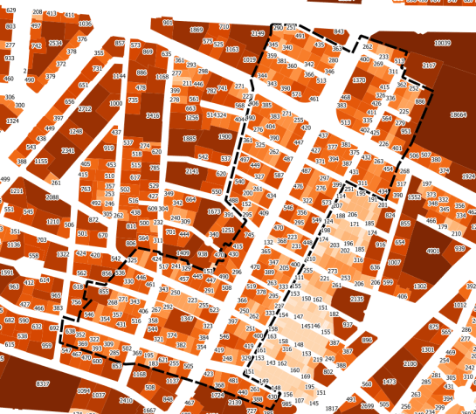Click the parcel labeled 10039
tap(443, 43)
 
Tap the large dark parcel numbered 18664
tap(459, 114)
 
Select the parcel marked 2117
tap(428, 66)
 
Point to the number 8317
tap(41, 383)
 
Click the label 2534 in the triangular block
tap(55, 43)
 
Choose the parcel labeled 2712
tap(84, 109)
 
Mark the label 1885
tap(190, 138)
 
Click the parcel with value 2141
tap(193, 171)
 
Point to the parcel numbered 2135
tap(356, 299)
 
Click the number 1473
tap(390, 382)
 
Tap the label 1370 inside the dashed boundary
tap(358, 79)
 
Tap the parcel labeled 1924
tap(468, 176)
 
